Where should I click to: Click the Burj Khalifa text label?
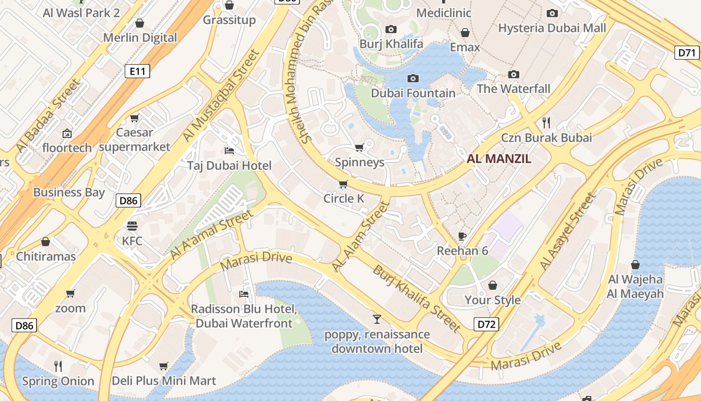click(391, 44)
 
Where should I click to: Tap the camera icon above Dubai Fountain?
click(413, 78)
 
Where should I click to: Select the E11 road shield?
click(137, 72)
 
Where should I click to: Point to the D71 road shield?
click(687, 53)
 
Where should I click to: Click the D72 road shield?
click(487, 324)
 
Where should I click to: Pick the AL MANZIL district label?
click(499, 159)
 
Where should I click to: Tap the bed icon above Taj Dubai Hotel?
click(229, 150)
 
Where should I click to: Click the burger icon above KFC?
click(132, 226)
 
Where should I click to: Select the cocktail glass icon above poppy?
click(377, 319)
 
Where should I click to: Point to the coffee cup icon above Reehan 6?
click(462, 236)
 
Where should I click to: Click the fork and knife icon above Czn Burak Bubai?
click(546, 122)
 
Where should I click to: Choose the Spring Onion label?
click(58, 381)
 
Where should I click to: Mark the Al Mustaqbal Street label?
click(221, 95)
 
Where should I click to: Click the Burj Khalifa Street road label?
click(416, 298)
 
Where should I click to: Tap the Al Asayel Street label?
click(568, 231)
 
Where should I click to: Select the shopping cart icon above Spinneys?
click(359, 147)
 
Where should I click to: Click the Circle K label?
click(343, 198)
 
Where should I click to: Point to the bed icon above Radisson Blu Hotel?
click(244, 294)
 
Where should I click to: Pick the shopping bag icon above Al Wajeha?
click(635, 264)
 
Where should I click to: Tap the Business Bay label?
click(69, 192)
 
